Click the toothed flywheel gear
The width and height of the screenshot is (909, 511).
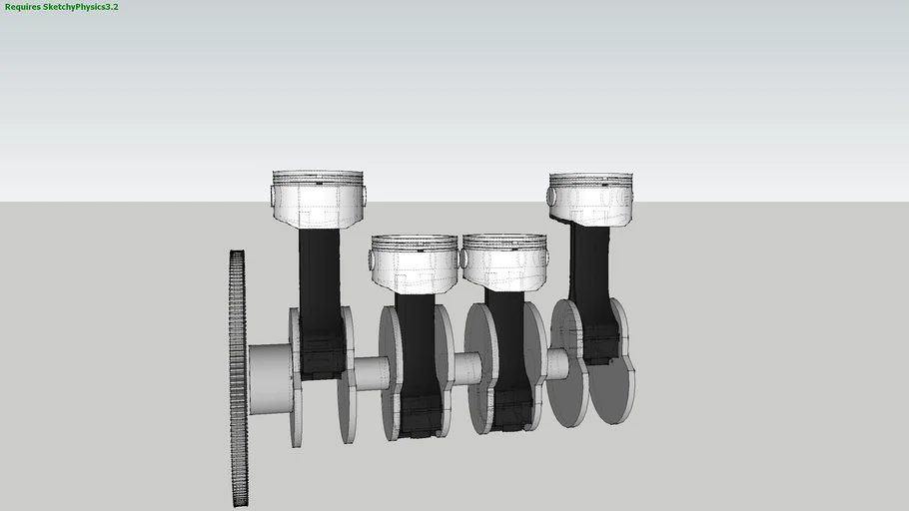pos(238,379)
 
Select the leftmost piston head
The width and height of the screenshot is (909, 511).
pos(318,198)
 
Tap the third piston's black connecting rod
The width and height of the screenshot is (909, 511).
pos(505,339)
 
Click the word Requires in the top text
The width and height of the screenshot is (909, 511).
pos(23,7)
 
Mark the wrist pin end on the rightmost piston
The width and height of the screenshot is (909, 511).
pos(551,196)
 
